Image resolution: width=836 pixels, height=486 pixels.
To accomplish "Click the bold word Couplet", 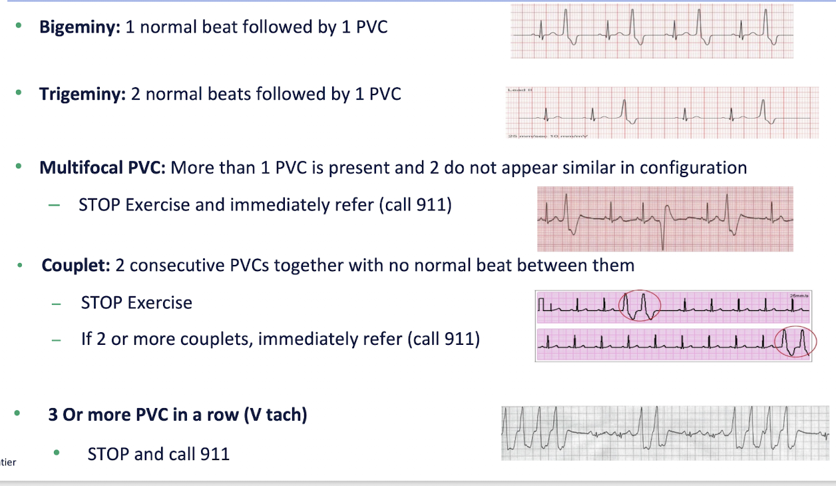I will point(75,266).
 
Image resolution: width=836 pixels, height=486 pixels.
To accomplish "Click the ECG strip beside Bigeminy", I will point(652,31).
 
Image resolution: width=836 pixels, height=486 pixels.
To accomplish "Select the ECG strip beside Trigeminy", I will point(662,113).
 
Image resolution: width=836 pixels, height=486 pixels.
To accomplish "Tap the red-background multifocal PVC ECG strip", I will point(665,218).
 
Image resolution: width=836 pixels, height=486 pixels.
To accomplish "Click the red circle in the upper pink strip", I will point(639,306).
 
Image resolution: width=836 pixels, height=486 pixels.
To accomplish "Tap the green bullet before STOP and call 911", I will point(57,453).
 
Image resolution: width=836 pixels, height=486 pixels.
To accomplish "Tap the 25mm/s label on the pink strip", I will point(796,296).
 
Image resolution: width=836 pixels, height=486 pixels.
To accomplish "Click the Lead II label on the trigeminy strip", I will point(517,90).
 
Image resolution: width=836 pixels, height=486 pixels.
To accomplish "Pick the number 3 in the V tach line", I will point(53,415).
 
